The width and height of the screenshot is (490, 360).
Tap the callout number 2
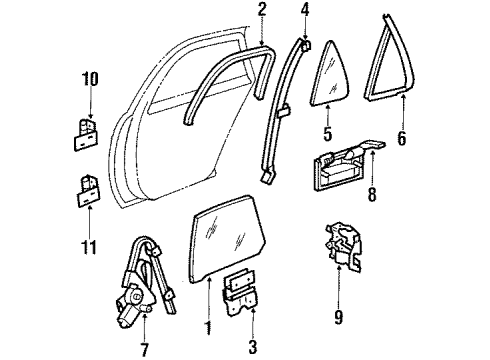[x=261, y=10]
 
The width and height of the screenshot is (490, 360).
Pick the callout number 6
[x=401, y=139]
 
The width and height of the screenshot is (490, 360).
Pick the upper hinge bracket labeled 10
[x=84, y=131]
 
